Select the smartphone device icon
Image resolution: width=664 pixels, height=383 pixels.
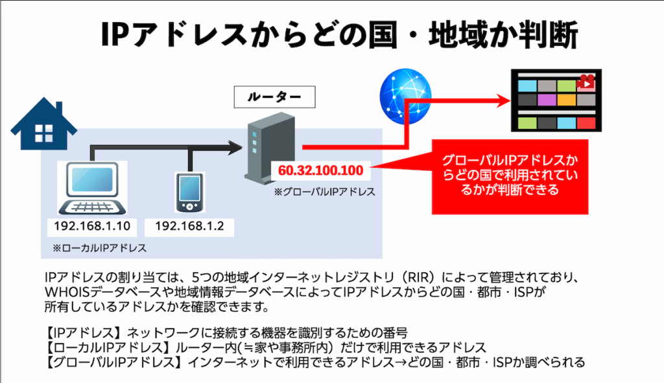(188, 191)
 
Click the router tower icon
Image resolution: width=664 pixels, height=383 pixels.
(257, 147)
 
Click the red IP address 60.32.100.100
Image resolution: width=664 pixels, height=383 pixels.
(321, 171)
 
